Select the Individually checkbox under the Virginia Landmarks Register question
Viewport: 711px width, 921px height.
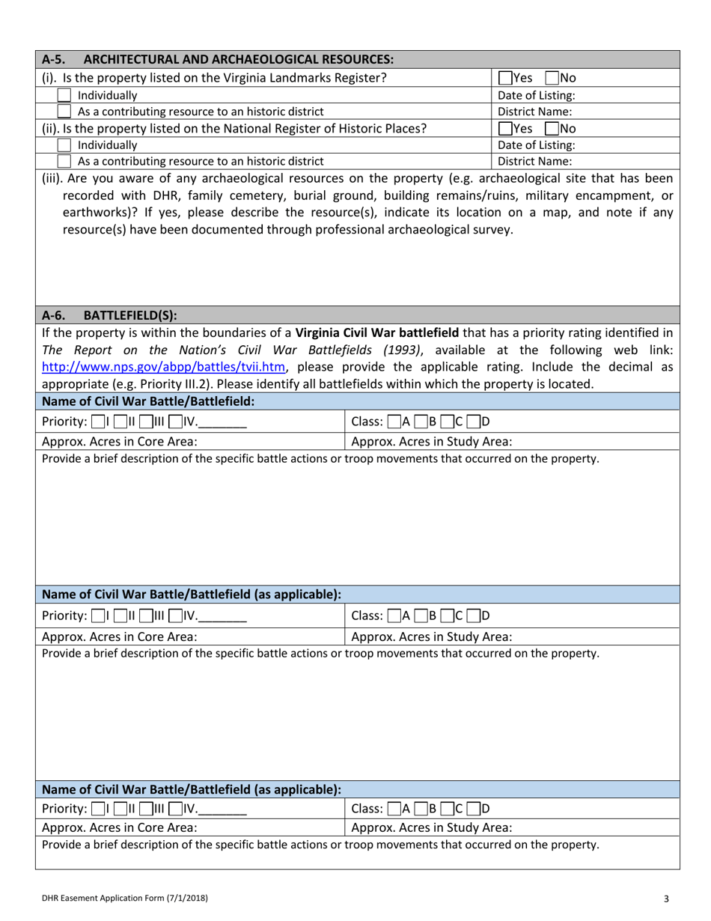(x=65, y=95)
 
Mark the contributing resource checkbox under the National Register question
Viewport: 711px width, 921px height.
(x=65, y=160)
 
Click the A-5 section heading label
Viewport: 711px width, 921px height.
(x=217, y=58)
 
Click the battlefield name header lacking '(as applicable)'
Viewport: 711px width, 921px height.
(x=147, y=401)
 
